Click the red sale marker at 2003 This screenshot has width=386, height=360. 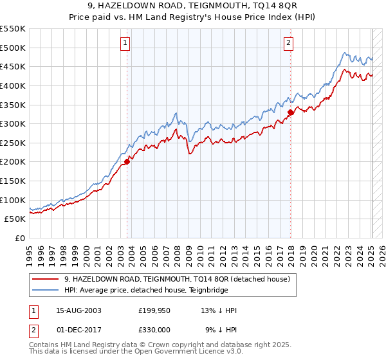[x=127, y=162]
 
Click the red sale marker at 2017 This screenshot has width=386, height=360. [x=290, y=113]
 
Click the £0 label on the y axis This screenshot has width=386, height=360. [x=19, y=238]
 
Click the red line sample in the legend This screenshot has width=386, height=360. [x=45, y=280]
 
